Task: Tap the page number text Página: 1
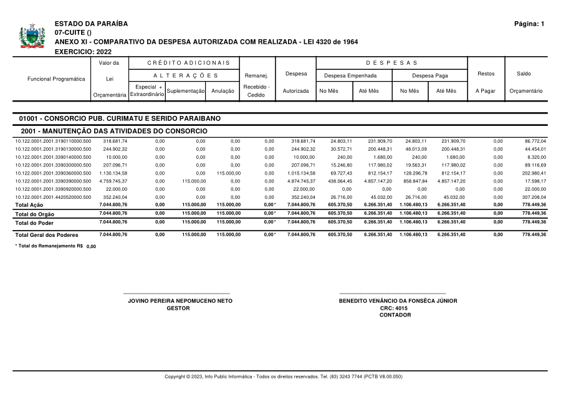(x=529, y=24)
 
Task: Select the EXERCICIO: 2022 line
(x=84, y=51)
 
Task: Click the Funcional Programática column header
(x=56, y=79)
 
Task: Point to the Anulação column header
(x=223, y=91)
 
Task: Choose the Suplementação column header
(x=186, y=91)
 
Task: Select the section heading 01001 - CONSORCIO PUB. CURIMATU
(x=119, y=118)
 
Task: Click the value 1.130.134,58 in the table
(x=114, y=173)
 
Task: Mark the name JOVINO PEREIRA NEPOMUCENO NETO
(x=180, y=300)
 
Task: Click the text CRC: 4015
(x=393, y=308)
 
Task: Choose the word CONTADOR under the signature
(x=395, y=315)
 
